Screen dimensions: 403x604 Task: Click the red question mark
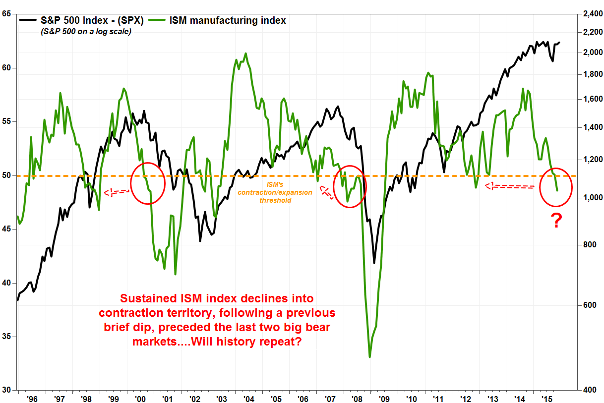[x=557, y=221]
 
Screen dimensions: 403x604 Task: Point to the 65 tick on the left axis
[x=7, y=14]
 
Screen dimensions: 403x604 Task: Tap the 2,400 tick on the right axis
[x=589, y=14]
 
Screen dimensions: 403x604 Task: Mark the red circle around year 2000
[x=147, y=183]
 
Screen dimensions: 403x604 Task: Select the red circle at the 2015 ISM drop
[x=555, y=187]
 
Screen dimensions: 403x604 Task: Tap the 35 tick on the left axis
[x=7, y=337]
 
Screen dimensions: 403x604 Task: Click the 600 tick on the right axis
[x=588, y=305]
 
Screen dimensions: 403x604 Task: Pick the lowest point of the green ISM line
[x=370, y=357]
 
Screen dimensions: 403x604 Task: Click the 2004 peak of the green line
[x=246, y=53]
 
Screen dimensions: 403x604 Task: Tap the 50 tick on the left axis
[x=7, y=175]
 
